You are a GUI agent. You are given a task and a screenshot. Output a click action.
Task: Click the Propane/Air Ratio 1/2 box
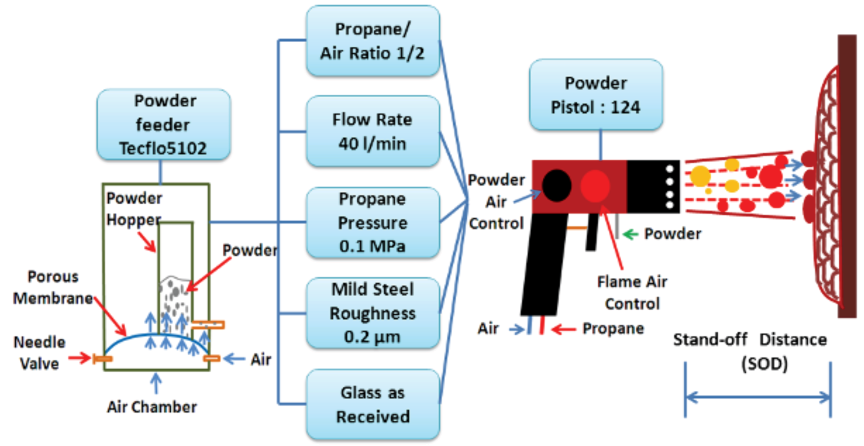click(372, 41)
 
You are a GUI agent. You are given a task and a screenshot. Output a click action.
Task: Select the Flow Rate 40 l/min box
click(372, 131)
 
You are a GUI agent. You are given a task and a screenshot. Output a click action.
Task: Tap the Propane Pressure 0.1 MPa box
click(372, 222)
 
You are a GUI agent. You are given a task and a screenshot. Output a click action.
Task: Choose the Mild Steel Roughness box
click(372, 313)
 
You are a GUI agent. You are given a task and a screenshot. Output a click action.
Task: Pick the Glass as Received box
click(372, 404)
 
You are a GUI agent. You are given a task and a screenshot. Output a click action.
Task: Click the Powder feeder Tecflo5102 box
click(163, 124)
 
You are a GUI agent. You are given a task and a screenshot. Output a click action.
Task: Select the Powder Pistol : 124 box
click(596, 95)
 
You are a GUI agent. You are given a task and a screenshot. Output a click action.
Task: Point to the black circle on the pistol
click(556, 186)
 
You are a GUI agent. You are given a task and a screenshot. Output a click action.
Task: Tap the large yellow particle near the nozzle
click(700, 176)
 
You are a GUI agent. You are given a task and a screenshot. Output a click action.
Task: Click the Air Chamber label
click(152, 407)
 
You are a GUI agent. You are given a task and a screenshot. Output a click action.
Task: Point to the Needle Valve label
click(39, 353)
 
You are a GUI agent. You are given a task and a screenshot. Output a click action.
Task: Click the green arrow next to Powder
click(630, 234)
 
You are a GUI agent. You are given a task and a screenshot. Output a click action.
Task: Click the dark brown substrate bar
click(847, 176)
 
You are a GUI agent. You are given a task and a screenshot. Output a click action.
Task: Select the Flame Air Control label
click(632, 292)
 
